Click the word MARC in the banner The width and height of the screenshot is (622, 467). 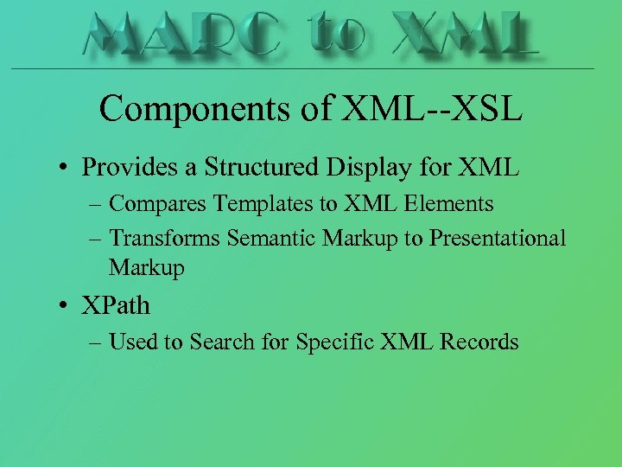point(182,35)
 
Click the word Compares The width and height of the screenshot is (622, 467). point(156,204)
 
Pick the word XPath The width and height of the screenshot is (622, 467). point(116,305)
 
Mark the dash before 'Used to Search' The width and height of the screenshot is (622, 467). point(94,342)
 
